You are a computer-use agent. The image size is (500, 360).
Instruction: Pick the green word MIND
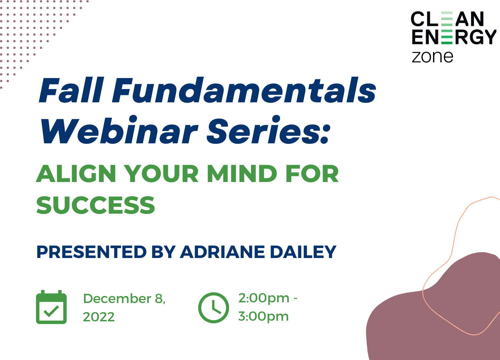pos(242,174)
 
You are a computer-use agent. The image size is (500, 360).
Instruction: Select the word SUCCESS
pos(96,205)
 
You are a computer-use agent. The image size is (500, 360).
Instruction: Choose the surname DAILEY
pos(303,252)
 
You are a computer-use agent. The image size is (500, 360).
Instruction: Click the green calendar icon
pos(51,307)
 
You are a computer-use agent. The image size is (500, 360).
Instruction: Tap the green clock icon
pos(214,308)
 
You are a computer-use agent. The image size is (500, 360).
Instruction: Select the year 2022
pos(99,317)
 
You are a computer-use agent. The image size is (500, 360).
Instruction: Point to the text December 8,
pos(124,299)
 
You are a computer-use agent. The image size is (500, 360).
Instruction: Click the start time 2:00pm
pos(264,299)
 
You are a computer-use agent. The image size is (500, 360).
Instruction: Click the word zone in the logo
pos(432,57)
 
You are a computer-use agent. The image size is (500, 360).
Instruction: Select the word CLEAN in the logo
pos(447,19)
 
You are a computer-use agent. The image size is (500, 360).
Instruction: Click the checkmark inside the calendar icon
pos(51,311)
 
